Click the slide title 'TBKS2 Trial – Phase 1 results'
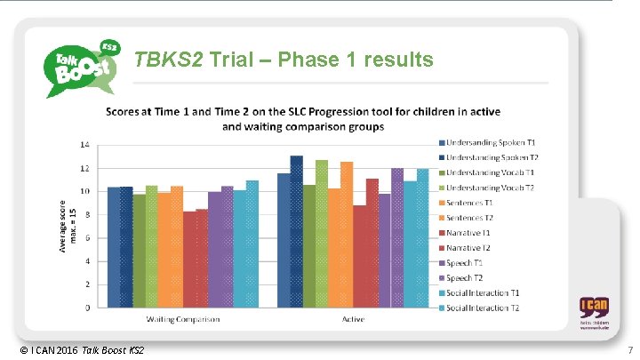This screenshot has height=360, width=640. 284,60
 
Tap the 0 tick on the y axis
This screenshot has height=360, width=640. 86,308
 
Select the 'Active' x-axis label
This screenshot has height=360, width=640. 354,319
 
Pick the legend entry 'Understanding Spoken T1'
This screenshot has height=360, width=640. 487,143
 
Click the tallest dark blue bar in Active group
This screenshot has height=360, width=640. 296,231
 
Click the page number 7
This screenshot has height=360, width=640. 629,350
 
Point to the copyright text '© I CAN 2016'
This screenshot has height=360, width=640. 42,350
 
